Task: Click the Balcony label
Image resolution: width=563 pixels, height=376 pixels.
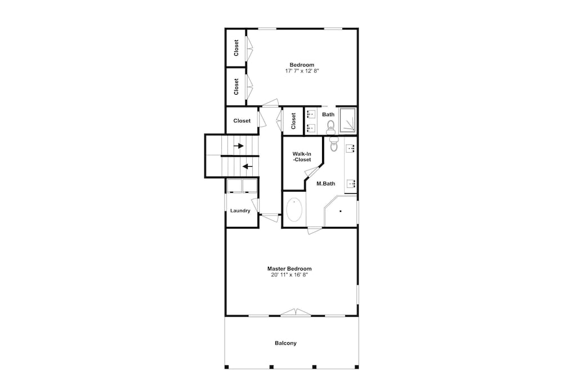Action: [x=286, y=343]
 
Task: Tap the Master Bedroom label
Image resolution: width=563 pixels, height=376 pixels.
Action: [x=289, y=268]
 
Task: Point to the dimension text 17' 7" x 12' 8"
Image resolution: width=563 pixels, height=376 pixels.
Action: [x=302, y=71]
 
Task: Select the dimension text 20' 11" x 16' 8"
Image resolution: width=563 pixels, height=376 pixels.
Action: [x=289, y=275]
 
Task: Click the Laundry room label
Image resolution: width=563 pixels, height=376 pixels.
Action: [x=240, y=211]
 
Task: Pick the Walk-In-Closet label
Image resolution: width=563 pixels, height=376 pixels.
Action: [x=302, y=157]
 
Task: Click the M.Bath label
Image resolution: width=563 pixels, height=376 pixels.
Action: [x=325, y=183]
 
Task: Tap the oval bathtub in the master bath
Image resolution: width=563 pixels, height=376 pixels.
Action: [x=294, y=210]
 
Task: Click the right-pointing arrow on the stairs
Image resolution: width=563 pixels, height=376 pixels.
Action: [x=239, y=145]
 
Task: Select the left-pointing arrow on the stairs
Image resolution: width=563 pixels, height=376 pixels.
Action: [x=247, y=166]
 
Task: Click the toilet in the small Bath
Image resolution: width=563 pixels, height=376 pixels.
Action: [x=330, y=127]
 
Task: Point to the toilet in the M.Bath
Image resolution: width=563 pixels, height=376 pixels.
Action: [x=334, y=144]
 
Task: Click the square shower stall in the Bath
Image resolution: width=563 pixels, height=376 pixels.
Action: [x=347, y=120]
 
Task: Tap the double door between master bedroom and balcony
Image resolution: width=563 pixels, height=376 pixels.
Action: [x=296, y=313]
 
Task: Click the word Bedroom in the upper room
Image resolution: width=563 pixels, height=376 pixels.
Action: [x=302, y=65]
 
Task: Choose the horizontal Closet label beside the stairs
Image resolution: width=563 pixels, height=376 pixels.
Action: [x=242, y=121]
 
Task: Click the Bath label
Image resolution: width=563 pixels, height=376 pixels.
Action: [x=328, y=114]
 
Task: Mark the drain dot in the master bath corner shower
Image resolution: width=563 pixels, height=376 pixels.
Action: [x=341, y=211]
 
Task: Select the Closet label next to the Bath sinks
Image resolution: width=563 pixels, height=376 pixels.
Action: [x=293, y=121]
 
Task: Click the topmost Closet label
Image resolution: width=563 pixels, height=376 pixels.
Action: [x=236, y=48]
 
